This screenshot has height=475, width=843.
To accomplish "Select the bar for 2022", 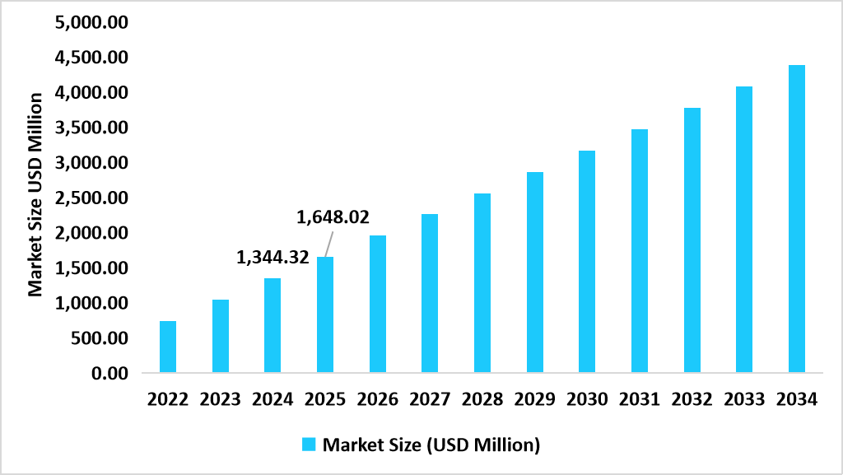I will pyautogui.click(x=168, y=347).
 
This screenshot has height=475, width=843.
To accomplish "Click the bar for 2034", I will pyautogui.click(x=796, y=219).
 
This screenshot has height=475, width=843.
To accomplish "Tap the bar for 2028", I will pyautogui.click(x=482, y=283).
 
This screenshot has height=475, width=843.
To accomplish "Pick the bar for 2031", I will pyautogui.click(x=640, y=251).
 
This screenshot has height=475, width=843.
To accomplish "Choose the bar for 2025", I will pyautogui.click(x=325, y=314).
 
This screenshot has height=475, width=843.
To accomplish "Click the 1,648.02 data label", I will pyautogui.click(x=333, y=218).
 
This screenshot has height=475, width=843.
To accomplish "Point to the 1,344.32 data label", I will pyautogui.click(x=272, y=258).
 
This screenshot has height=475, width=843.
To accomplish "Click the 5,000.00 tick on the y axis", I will pyautogui.click(x=91, y=22).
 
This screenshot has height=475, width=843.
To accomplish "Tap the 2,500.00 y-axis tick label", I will pyautogui.click(x=91, y=198).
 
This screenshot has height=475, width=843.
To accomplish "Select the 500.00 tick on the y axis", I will pyautogui.click(x=99, y=338).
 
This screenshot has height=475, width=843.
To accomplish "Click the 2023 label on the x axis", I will pyautogui.click(x=221, y=400).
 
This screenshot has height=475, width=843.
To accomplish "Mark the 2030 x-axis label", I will pyautogui.click(x=587, y=400).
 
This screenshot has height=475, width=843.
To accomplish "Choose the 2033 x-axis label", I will pyautogui.click(x=744, y=400).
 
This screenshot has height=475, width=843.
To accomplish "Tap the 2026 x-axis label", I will pyautogui.click(x=378, y=400).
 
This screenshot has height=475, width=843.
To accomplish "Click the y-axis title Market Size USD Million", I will pyautogui.click(x=35, y=194).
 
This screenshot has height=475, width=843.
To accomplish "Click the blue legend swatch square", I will pyautogui.click(x=309, y=445).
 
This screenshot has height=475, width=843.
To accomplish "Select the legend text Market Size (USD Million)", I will pyautogui.click(x=431, y=445).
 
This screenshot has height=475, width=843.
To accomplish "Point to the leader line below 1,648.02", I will pyautogui.click(x=328, y=244).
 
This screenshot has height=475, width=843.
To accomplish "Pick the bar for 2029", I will pyautogui.click(x=535, y=272).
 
